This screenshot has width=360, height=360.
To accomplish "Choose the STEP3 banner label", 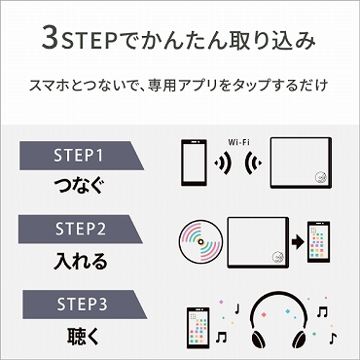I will pos(78,305).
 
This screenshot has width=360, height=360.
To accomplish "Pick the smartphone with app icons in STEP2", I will pos(318,243).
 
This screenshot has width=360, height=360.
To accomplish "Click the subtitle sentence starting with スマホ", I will pos(180,87).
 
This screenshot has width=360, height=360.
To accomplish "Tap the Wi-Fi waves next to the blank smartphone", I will pos(225,162).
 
